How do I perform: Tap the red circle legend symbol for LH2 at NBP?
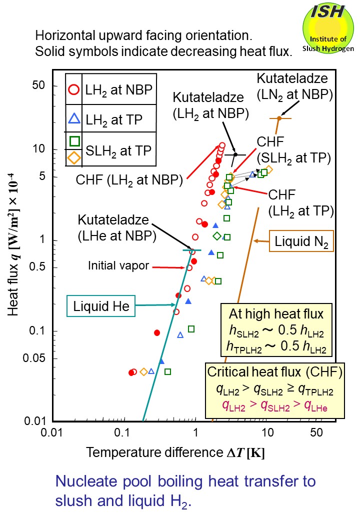(x=73, y=90)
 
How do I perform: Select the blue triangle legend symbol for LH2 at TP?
(x=73, y=119)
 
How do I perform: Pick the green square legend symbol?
(x=73, y=141)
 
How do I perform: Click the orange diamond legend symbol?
(x=73, y=157)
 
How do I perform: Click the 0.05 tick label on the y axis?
(x=34, y=358)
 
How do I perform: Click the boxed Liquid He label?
(x=100, y=306)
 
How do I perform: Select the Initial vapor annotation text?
(x=118, y=266)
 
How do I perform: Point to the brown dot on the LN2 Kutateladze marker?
(x=279, y=117)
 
